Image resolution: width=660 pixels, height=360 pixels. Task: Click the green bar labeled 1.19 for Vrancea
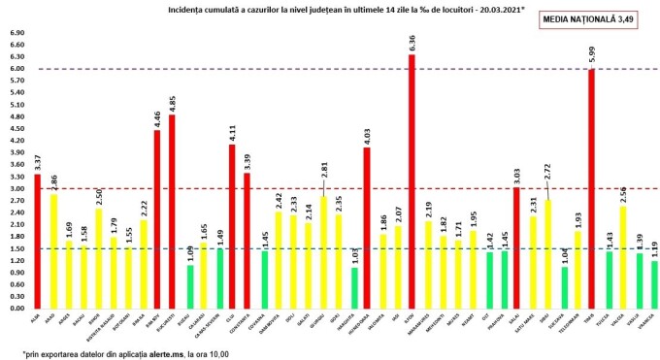(653, 284)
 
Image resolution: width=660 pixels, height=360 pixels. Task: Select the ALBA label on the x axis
(35, 317)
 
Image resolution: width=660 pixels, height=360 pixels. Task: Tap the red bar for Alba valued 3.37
(38, 242)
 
